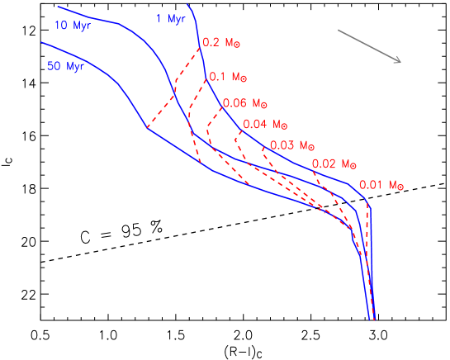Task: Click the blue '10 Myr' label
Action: tap(72, 26)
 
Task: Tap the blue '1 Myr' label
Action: tap(170, 19)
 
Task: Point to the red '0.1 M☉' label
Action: tap(228, 77)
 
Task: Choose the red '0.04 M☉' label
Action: tap(265, 125)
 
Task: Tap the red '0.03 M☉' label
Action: tap(293, 145)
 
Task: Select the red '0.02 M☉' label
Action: tap(334, 164)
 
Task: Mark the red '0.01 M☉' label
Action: tap(381, 185)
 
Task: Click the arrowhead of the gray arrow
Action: tap(400, 62)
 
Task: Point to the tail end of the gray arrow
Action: tap(338, 31)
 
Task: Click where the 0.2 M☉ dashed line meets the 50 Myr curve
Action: tap(148, 128)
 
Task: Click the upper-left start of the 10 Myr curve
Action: tap(58, 7)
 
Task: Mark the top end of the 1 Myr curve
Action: tap(187, 4)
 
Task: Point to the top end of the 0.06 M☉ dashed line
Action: tap(223, 107)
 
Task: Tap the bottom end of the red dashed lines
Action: tap(374, 319)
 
